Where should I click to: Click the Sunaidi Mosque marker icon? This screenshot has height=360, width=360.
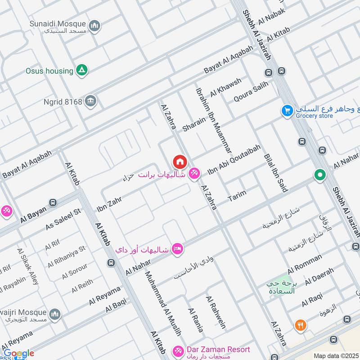[94, 27]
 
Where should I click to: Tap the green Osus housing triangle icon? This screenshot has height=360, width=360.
[82, 70]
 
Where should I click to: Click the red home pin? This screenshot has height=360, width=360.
[180, 162]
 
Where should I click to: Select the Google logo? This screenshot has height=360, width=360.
[18, 353]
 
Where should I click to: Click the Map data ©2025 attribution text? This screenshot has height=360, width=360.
[336, 356]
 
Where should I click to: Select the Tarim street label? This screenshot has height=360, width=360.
[237, 195]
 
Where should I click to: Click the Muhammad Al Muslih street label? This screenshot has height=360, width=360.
[163, 303]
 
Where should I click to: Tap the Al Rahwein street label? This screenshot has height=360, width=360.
[216, 312]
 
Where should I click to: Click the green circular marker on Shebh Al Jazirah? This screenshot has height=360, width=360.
[320, 174]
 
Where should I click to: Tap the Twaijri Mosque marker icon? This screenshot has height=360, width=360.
[55, 314]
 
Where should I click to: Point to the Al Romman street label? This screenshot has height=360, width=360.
[305, 264]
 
